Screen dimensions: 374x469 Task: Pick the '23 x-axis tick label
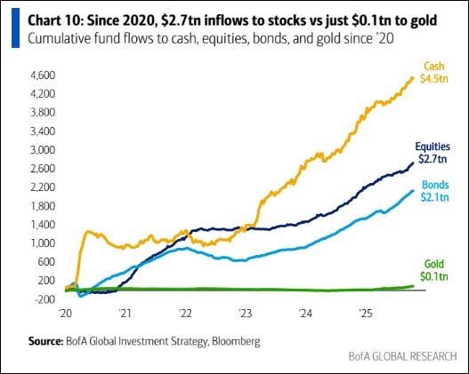click(246, 314)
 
